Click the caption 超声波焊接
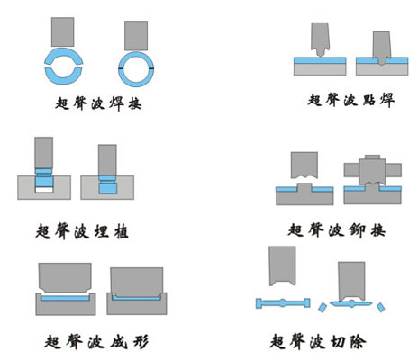(98, 103)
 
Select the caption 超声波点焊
(350, 100)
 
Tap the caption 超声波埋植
(82, 231)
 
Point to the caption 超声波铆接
(336, 230)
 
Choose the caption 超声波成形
(96, 341)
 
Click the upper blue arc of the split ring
(63, 55)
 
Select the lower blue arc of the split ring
(63, 76)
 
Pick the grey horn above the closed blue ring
(136, 36)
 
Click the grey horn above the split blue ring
(62, 31)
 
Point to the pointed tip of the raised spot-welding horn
(321, 56)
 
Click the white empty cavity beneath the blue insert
(44, 190)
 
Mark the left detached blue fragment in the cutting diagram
(322, 308)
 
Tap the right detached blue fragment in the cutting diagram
(381, 308)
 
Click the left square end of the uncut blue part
(259, 303)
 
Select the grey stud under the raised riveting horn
(304, 187)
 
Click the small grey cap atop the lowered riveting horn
(373, 157)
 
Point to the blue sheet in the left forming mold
(65, 298)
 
